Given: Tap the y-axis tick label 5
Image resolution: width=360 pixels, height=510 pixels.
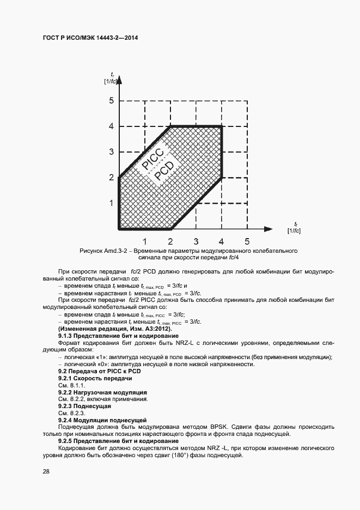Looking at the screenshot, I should [111, 101].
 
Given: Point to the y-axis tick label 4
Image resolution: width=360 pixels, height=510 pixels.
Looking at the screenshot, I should [111, 126].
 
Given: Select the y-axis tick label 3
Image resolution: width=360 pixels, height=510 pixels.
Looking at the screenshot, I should [111, 152].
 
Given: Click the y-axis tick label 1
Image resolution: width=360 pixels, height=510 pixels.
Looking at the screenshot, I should [111, 203].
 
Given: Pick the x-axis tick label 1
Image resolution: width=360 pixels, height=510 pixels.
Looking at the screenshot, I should [145, 241].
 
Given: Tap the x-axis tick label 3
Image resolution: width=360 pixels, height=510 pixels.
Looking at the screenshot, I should [196, 241].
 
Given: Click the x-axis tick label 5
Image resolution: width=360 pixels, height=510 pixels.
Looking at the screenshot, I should [247, 241].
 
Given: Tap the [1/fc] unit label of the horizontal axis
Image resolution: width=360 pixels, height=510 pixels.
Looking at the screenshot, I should [294, 231].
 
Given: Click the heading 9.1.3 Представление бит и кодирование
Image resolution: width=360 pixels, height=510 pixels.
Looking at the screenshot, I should [119, 336].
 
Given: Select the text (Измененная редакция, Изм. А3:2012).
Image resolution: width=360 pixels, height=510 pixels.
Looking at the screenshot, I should [114, 329].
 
